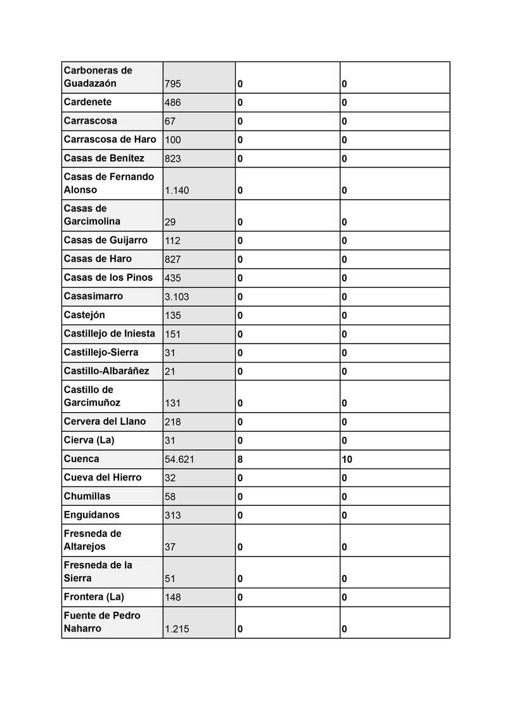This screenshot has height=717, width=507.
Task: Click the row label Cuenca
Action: click(x=81, y=459)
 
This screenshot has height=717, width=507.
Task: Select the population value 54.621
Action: click(x=179, y=460)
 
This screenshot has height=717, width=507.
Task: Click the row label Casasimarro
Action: click(x=93, y=296)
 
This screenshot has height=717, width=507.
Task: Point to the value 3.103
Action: click(x=177, y=297)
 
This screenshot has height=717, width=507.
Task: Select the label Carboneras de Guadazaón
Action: click(x=98, y=77)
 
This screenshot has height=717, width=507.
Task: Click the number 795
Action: click(x=172, y=84)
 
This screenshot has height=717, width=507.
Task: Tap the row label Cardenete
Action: click(x=87, y=101)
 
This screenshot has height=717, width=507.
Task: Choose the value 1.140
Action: click(x=177, y=190)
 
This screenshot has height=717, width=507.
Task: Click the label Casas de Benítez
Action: click(x=104, y=158)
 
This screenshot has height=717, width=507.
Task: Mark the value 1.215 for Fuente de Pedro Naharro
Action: click(x=177, y=630)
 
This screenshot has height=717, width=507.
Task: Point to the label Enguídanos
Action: click(x=91, y=515)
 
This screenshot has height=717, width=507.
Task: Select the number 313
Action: click(x=172, y=515)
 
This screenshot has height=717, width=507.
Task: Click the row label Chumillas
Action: click(x=87, y=496)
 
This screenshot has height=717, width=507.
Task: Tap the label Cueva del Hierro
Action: click(x=103, y=477)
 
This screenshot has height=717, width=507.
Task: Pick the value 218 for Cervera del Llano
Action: click(x=172, y=422)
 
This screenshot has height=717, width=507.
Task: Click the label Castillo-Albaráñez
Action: click(x=106, y=371)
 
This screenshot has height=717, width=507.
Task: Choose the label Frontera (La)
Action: click(x=94, y=597)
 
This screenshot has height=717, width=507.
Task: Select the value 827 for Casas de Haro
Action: click(x=172, y=259)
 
